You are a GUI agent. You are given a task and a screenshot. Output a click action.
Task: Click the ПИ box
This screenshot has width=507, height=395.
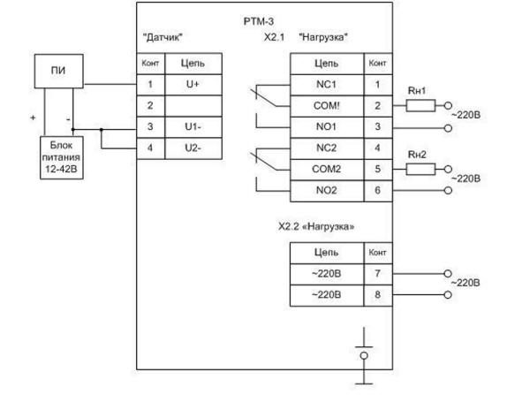coord(59,72)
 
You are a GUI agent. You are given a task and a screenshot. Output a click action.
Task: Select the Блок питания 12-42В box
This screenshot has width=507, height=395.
coord(62,157)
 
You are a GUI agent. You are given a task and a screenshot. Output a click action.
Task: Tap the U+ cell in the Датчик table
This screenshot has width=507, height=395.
coord(193,85)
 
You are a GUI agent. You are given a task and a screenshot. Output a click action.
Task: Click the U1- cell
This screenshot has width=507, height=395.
coord(193,127)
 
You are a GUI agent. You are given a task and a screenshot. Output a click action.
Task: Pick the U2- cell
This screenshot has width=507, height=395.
coord(193,148)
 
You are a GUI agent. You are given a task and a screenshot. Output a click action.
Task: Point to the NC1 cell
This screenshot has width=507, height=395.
coord(327,85)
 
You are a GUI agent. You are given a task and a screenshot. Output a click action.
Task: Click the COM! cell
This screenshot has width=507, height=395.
coord(327,106)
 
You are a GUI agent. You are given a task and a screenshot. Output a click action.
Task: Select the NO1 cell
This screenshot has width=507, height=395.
coord(327,127)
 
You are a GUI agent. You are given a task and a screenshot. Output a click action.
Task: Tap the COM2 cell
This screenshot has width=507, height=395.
coord(327,170)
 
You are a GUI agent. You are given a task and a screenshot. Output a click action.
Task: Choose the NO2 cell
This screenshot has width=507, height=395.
coord(327,191)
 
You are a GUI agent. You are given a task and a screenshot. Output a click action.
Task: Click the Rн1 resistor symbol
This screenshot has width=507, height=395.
coord(420,106)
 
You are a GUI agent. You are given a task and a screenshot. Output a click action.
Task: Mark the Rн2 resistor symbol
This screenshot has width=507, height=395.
coord(420,169)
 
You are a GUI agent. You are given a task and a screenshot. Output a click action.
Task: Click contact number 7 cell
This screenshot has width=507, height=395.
coord(378,274)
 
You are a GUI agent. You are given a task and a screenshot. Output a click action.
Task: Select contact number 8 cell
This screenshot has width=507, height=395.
coord(378,295)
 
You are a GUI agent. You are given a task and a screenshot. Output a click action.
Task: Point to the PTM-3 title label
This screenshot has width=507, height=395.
coord(258,22)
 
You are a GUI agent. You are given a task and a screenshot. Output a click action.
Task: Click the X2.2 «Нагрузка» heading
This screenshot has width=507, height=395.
coord(316,226)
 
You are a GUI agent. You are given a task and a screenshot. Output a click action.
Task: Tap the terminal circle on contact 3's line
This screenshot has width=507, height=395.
coord(448,128)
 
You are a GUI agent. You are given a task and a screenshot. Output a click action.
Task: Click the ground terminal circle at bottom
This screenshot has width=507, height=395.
coord(364,356)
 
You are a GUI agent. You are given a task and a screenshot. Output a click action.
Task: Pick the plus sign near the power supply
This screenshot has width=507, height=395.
coord(33,118)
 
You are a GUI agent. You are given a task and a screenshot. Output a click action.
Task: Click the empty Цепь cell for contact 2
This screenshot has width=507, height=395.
coord(193,106)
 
